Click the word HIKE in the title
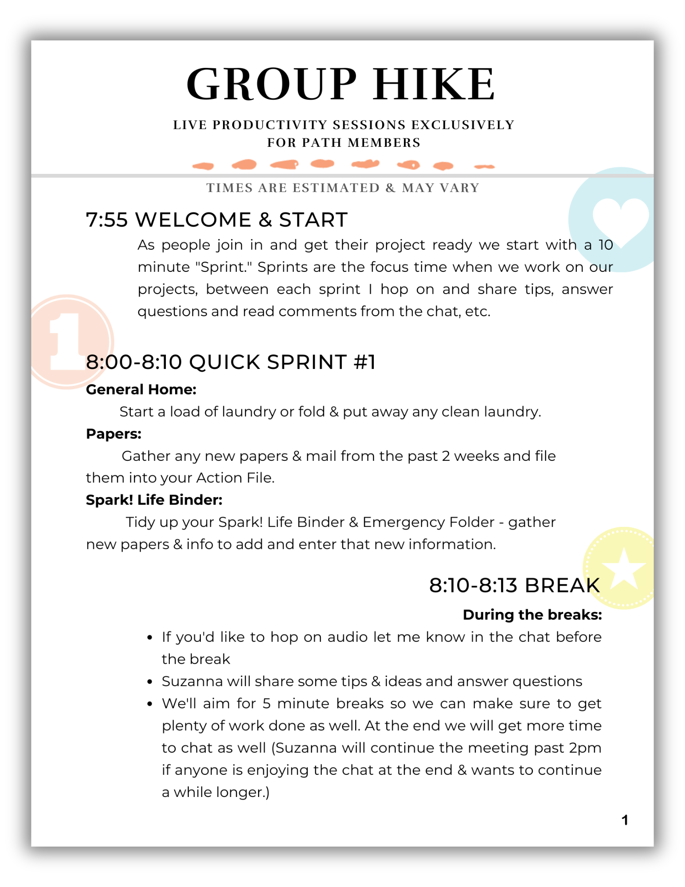click(434, 84)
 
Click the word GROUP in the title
click(271, 84)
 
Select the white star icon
click(624, 569)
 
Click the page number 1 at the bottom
click(625, 820)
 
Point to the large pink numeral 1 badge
click(67, 341)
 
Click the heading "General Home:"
click(141, 389)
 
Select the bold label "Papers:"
click(114, 434)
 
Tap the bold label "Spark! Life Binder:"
click(154, 500)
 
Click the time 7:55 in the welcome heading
click(106, 220)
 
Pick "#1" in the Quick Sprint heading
click(364, 362)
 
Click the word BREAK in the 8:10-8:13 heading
click(562, 585)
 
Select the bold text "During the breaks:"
click(532, 615)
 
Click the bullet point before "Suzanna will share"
click(150, 682)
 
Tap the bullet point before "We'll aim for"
click(150, 704)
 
